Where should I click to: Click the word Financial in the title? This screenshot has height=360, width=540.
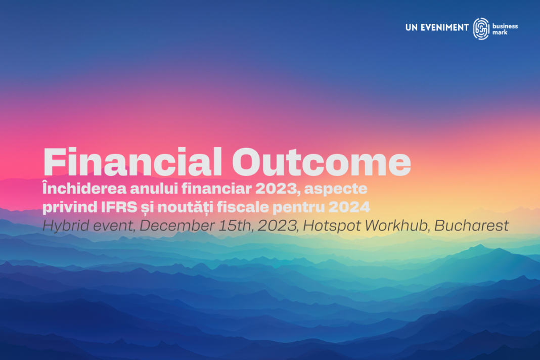[133, 162]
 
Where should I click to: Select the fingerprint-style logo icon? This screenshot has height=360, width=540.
[481, 29]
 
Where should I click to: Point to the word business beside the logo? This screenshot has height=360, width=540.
[505, 26]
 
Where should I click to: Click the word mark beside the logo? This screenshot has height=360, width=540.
[500, 32]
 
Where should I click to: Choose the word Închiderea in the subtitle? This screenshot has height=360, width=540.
[84, 188]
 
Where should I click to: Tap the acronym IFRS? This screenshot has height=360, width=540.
[119, 207]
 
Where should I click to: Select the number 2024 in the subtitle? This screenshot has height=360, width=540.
[349, 207]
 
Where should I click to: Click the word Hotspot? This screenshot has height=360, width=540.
[332, 226]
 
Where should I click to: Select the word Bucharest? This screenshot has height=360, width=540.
[471, 226]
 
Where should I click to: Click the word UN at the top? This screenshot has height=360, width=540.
[412, 28]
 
